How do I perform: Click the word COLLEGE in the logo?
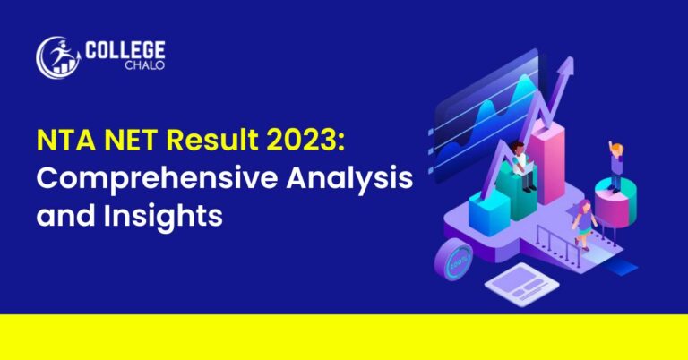(125, 52)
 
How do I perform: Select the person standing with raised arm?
(616, 167)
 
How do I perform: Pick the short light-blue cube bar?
(489, 212)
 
